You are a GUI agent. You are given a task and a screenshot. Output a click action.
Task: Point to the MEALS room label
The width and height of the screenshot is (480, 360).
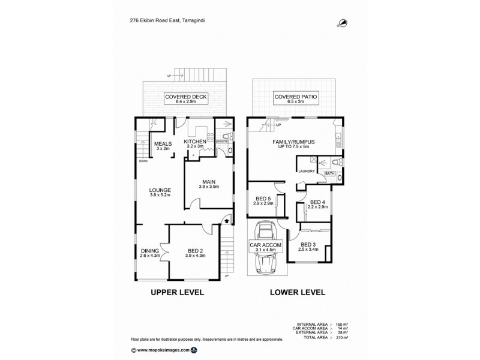163,144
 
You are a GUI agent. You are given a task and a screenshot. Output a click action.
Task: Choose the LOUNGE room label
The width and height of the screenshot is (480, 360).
160,191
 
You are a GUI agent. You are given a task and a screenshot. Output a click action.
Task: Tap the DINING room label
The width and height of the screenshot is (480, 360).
149,252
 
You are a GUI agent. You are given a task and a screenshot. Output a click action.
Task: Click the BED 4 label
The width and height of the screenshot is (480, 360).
317,203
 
